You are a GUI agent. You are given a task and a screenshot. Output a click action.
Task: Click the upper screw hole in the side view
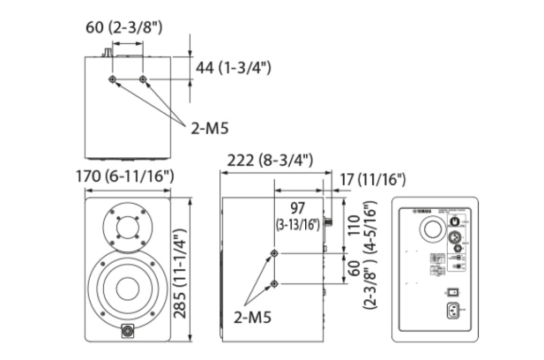point(276,254)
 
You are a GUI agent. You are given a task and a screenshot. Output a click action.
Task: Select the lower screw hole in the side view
point(276,283)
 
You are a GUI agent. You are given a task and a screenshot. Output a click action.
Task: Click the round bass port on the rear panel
point(433,231)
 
